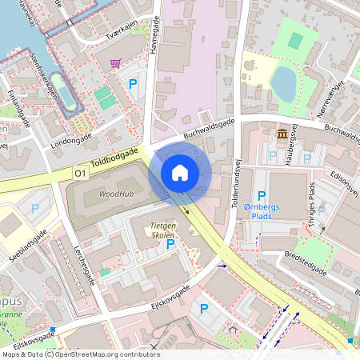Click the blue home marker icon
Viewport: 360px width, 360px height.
(x=180, y=172)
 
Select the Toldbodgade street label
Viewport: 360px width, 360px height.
(x=114, y=160)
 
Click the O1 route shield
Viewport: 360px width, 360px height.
(x=80, y=173)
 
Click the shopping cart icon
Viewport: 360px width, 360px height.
(x=116, y=62)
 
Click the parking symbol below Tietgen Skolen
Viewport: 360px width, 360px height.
(x=170, y=245)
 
